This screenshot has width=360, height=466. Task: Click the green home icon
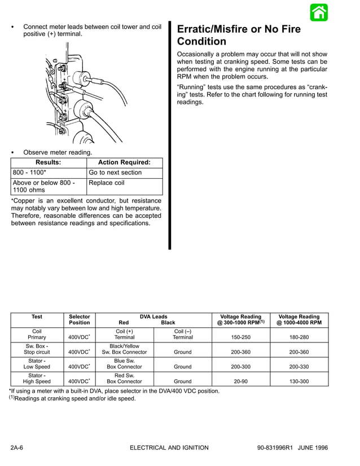point(319,12)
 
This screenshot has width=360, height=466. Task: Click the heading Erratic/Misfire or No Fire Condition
point(239,35)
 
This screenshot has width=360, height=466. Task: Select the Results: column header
point(49,162)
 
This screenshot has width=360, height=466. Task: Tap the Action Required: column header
point(125,162)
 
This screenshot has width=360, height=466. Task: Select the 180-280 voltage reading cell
point(299,337)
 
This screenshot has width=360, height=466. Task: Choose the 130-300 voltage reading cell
point(299,381)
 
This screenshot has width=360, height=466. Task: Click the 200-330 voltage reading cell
point(299,367)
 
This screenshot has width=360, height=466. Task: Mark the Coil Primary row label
point(37,334)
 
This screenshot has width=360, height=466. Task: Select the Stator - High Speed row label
point(37,378)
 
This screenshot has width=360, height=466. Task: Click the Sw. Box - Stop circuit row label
point(37,349)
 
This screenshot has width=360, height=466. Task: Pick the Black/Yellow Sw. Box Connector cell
point(124,349)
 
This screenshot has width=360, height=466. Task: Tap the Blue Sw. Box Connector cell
point(124,363)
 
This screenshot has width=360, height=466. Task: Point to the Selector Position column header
point(79,320)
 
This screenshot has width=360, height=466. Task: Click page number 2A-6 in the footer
point(20,448)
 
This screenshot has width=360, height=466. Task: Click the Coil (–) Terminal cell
point(182,334)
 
